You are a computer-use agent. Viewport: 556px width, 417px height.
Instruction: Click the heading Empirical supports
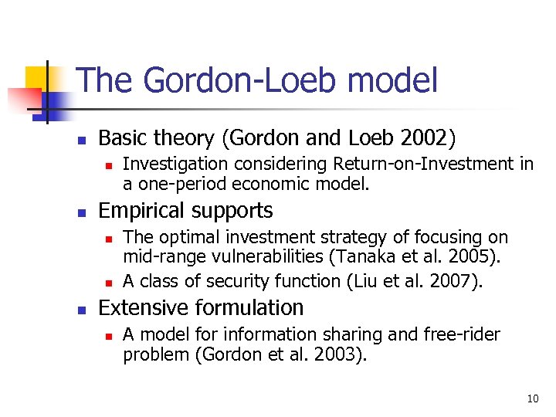(185, 211)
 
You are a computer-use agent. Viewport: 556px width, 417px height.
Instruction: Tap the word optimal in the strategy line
(183, 237)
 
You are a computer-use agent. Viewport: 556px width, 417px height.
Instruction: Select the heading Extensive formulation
(201, 307)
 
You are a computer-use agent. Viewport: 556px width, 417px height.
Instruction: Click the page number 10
(532, 398)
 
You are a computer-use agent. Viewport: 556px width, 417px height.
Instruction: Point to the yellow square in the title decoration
(37, 77)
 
